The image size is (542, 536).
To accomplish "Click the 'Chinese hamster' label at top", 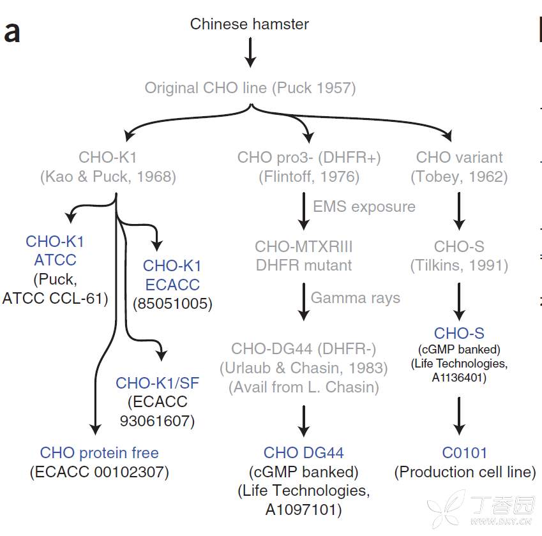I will [x=250, y=24].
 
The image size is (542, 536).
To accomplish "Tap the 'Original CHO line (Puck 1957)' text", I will [x=250, y=87].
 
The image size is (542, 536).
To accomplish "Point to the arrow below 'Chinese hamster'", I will [x=250, y=52].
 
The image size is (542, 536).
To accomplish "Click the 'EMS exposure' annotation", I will [x=364, y=207].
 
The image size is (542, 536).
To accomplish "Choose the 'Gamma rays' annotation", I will [x=356, y=297].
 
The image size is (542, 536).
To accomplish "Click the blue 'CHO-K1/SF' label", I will [x=157, y=383].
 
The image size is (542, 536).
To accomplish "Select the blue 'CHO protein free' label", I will [x=100, y=453].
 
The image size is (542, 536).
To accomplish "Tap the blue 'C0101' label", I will [x=465, y=453].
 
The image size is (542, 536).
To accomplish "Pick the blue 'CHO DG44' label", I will [x=304, y=453].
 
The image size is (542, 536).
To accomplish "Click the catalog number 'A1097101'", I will [x=304, y=510].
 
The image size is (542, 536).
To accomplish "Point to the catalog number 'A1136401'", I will [x=459, y=377].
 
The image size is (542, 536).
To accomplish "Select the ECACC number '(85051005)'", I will [x=172, y=304].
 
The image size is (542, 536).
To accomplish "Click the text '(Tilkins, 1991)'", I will [x=459, y=265].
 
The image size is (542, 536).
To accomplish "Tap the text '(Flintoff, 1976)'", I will [x=309, y=176].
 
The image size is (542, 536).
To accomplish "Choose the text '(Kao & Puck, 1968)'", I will [x=108, y=176].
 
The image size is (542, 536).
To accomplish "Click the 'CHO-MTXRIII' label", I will [x=304, y=246].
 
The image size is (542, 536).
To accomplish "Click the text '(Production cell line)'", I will [x=465, y=472].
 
